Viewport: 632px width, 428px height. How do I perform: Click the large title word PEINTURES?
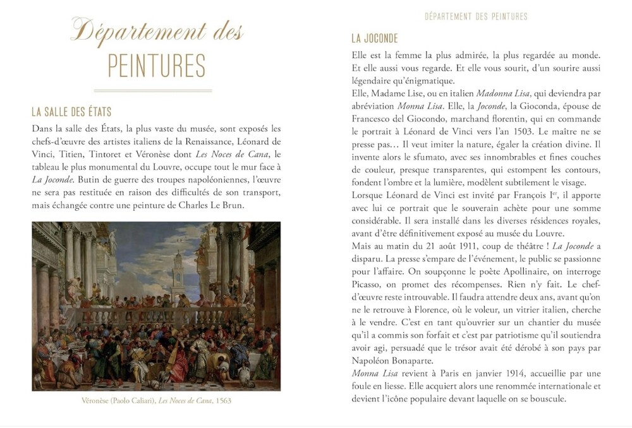pos(157,66)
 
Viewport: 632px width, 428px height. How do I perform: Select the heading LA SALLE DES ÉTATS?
pos(71,112)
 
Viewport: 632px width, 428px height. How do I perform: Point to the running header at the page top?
pos(476,16)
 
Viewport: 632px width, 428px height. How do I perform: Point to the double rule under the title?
pos(157,90)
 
